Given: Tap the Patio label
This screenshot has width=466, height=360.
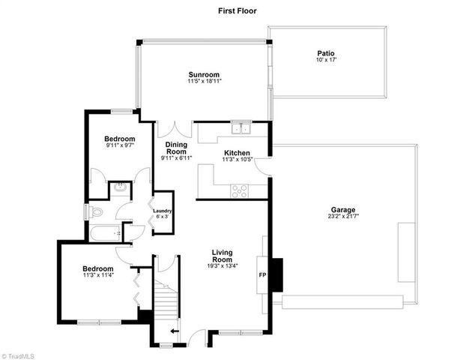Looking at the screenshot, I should tap(325, 52).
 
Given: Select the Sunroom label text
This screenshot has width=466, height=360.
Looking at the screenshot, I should tap(204, 74).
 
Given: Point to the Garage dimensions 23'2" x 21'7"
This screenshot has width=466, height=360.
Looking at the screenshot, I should tap(344, 217).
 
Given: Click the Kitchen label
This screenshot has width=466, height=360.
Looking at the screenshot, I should tap(237, 152).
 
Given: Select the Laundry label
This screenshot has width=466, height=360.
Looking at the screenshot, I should tap(163, 211).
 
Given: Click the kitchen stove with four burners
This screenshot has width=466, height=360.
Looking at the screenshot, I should tap(240, 190).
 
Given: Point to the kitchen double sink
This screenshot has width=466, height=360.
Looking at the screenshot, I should tap(240, 128).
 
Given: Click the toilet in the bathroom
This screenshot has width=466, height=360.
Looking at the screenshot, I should tap(94, 212).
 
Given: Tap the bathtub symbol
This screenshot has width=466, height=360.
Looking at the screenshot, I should tap(106, 234).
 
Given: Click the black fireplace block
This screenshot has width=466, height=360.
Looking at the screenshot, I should tap(276, 274).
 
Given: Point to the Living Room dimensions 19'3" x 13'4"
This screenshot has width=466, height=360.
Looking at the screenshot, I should tap(225, 265).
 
